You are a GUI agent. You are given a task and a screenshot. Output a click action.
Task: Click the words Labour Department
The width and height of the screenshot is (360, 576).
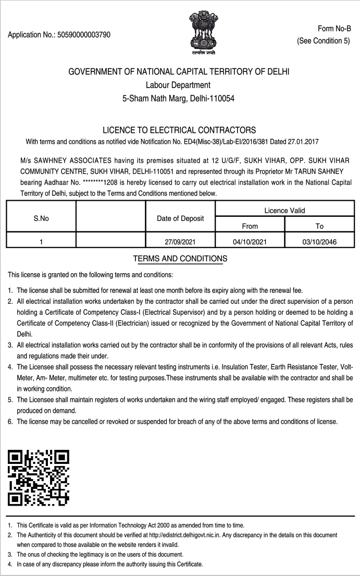tap(179, 84)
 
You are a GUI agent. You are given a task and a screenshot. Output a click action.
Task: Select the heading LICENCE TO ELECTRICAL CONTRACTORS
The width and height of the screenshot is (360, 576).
tap(180, 130)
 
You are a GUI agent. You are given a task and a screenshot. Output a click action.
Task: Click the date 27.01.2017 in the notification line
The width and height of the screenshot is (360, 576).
tap(303, 142)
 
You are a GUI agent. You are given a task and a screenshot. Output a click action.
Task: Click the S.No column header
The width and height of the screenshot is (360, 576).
tap(41, 219)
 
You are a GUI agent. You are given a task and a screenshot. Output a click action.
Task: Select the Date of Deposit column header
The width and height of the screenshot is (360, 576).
tap(180, 219)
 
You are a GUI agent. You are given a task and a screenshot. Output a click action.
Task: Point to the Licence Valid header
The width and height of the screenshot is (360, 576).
tap(284, 210)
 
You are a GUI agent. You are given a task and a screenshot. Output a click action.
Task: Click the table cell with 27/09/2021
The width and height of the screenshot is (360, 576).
tap(180, 241)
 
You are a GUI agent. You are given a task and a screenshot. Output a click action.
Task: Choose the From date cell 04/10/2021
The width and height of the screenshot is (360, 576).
tap(250, 241)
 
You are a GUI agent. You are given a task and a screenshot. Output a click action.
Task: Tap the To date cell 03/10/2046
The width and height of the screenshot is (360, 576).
tap(319, 241)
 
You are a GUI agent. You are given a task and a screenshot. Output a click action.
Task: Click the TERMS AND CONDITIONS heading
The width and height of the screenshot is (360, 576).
tap(180, 259)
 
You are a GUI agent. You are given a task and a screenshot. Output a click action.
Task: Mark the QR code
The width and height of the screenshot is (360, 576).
tap(39, 477)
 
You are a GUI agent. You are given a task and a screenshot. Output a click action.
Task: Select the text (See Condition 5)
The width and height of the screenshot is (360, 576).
tap(323, 41)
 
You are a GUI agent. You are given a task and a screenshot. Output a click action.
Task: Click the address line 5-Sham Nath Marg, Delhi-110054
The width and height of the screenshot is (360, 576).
tap(179, 97)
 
